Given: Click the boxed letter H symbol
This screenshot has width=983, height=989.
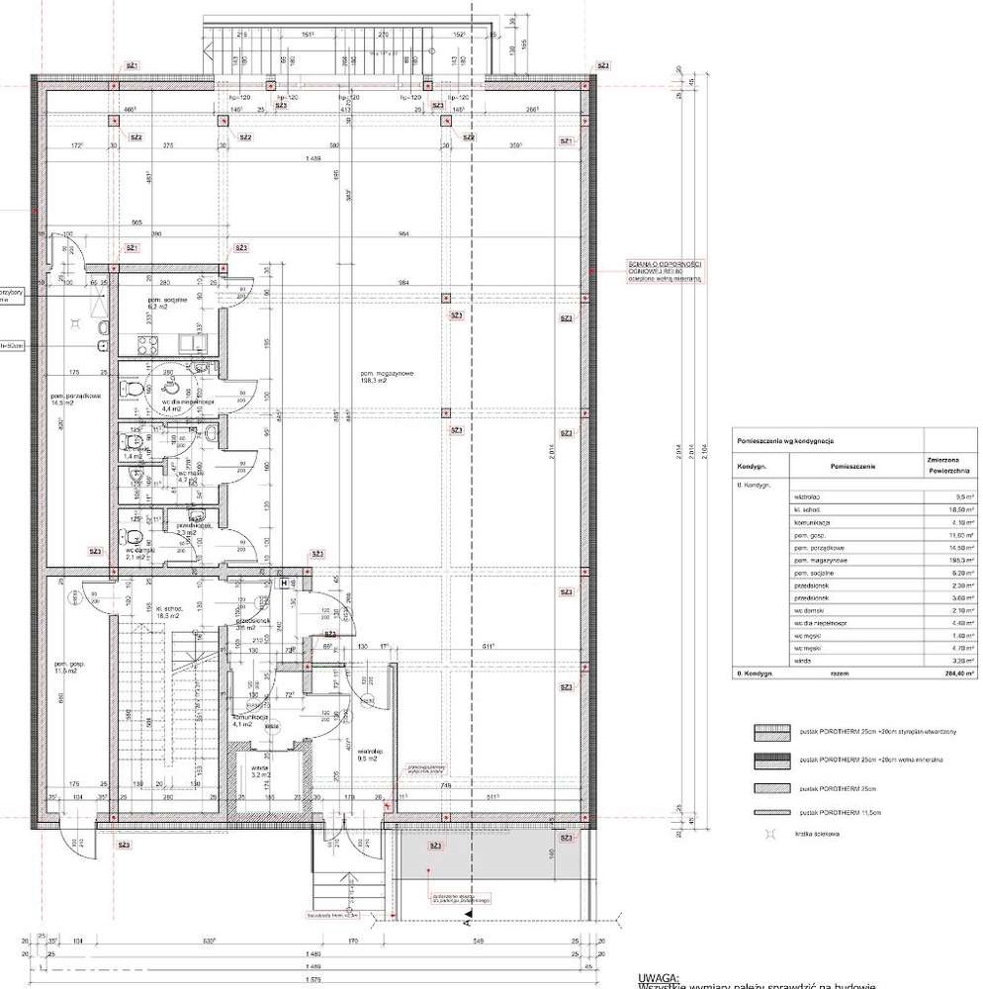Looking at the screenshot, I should [x=284, y=584].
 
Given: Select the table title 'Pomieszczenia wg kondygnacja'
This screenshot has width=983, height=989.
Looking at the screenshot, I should [x=782, y=436].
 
